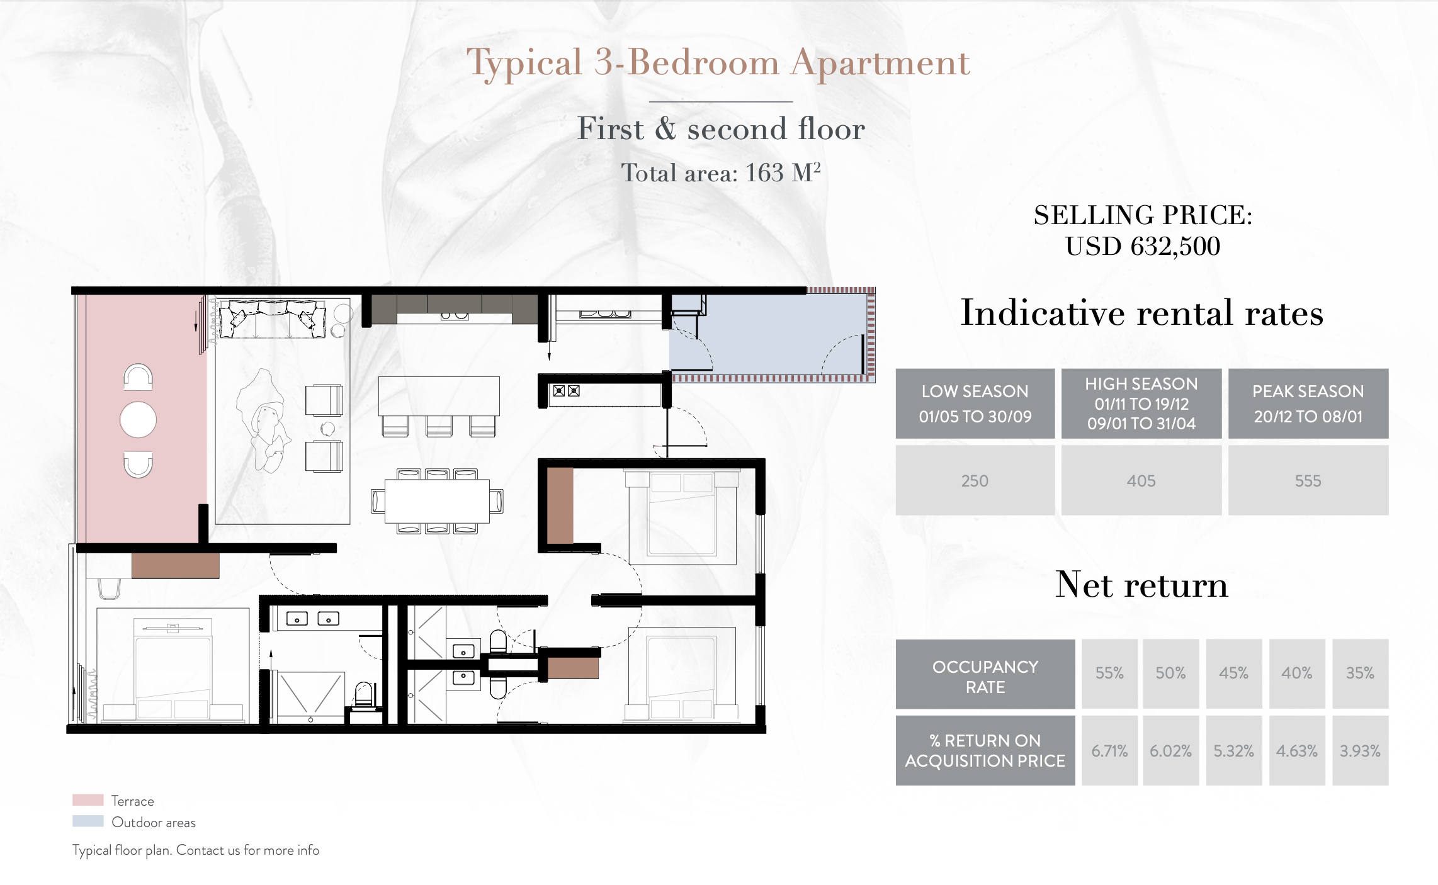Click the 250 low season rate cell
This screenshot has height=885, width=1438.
tap(975, 480)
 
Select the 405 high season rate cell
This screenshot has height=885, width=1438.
tap(1141, 480)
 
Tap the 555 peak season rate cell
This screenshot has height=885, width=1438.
tap(1308, 480)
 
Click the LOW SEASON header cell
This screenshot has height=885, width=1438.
tap(975, 403)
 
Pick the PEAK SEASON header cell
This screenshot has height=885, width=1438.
tap(1308, 403)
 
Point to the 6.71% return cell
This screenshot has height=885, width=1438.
tap(1109, 750)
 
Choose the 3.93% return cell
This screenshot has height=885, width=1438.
tap(1360, 750)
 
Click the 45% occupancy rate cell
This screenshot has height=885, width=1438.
tap(1233, 674)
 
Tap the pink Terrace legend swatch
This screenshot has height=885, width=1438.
tap(88, 800)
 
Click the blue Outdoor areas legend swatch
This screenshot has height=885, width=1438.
tap(88, 821)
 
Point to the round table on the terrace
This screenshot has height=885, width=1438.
tap(138, 420)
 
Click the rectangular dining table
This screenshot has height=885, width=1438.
tap(437, 501)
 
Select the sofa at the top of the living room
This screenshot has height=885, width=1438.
tap(271, 318)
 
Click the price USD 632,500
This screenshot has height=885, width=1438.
tap(1143, 246)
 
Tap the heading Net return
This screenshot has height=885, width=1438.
tap(1141, 585)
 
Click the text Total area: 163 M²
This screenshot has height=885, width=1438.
tap(721, 172)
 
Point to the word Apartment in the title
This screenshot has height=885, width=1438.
tap(880, 64)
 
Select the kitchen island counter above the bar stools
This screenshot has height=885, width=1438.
tap(439, 396)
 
